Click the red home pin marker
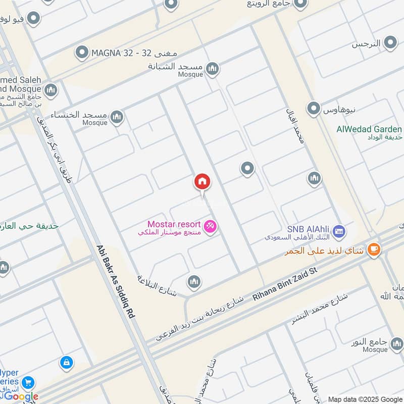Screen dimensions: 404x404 click(x=203, y=182)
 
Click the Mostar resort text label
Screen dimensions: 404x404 click(x=174, y=224)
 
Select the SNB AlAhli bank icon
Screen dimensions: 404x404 click(x=339, y=231)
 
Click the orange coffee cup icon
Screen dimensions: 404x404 click(x=374, y=249)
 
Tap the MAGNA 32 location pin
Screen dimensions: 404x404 click(x=82, y=52)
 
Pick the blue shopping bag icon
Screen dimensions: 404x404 click(x=66, y=362)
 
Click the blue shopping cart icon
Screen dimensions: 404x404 click(x=28, y=382)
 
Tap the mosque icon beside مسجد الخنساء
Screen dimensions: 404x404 click(x=117, y=118)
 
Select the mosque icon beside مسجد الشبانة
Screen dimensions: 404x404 click(x=213, y=68)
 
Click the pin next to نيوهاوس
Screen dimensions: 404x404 click(x=314, y=108)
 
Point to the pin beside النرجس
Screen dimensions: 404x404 click(x=390, y=43)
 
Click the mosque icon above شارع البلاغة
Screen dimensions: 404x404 click(x=194, y=282)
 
